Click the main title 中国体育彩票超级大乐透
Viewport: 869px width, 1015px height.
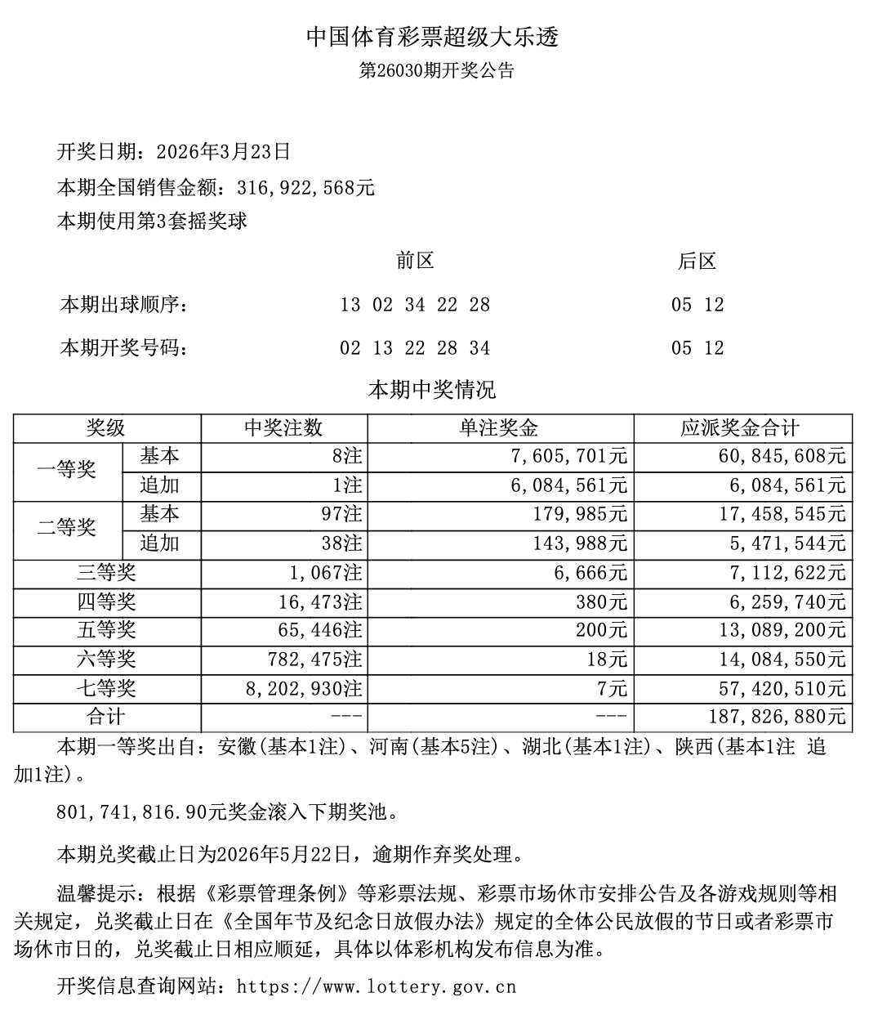pos(433,37)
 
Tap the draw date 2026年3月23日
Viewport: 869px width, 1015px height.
pos(222,152)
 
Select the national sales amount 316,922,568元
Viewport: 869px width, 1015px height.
pos(306,188)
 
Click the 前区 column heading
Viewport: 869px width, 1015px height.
pos(415,262)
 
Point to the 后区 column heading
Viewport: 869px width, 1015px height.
pos(697,262)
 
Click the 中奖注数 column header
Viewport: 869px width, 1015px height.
pos(283,428)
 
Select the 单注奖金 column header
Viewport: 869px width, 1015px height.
pos(500,428)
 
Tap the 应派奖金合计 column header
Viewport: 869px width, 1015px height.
pos(740,428)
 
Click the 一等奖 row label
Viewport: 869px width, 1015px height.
pos(67,470)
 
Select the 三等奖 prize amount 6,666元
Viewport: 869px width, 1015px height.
pos(590,573)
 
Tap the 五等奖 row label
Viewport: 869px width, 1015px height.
pos(107,631)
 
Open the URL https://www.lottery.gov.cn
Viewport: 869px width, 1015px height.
pos(377,986)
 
